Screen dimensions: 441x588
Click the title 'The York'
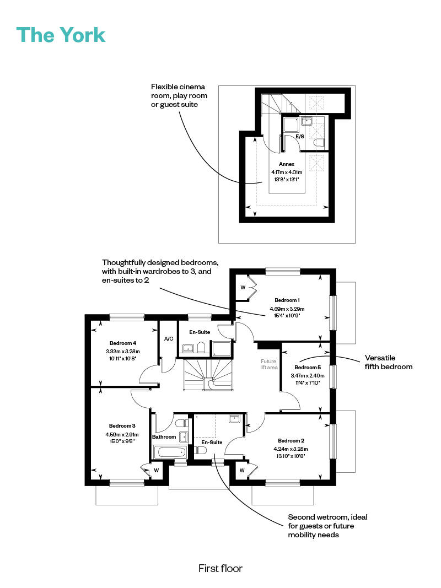(x=61, y=35)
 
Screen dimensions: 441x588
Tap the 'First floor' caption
(x=220, y=569)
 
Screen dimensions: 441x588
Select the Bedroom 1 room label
(x=287, y=300)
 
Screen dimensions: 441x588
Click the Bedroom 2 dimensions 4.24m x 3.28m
(x=291, y=449)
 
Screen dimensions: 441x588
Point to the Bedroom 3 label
(x=122, y=425)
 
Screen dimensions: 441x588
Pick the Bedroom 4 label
(x=122, y=343)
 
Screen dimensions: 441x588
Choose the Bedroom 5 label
(x=308, y=368)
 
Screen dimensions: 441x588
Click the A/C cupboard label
(x=169, y=338)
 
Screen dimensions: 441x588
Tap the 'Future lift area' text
(x=269, y=364)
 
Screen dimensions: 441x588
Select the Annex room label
(x=287, y=164)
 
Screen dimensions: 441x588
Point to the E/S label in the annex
(x=300, y=137)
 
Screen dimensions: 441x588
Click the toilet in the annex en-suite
(x=319, y=143)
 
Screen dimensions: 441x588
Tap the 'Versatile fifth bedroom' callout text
(x=389, y=362)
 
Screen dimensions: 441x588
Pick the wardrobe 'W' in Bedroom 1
(x=243, y=288)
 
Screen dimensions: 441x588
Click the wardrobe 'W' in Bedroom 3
(x=157, y=470)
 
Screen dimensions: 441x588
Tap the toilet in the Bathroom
(x=181, y=423)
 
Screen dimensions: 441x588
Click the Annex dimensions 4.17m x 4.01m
(x=287, y=172)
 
